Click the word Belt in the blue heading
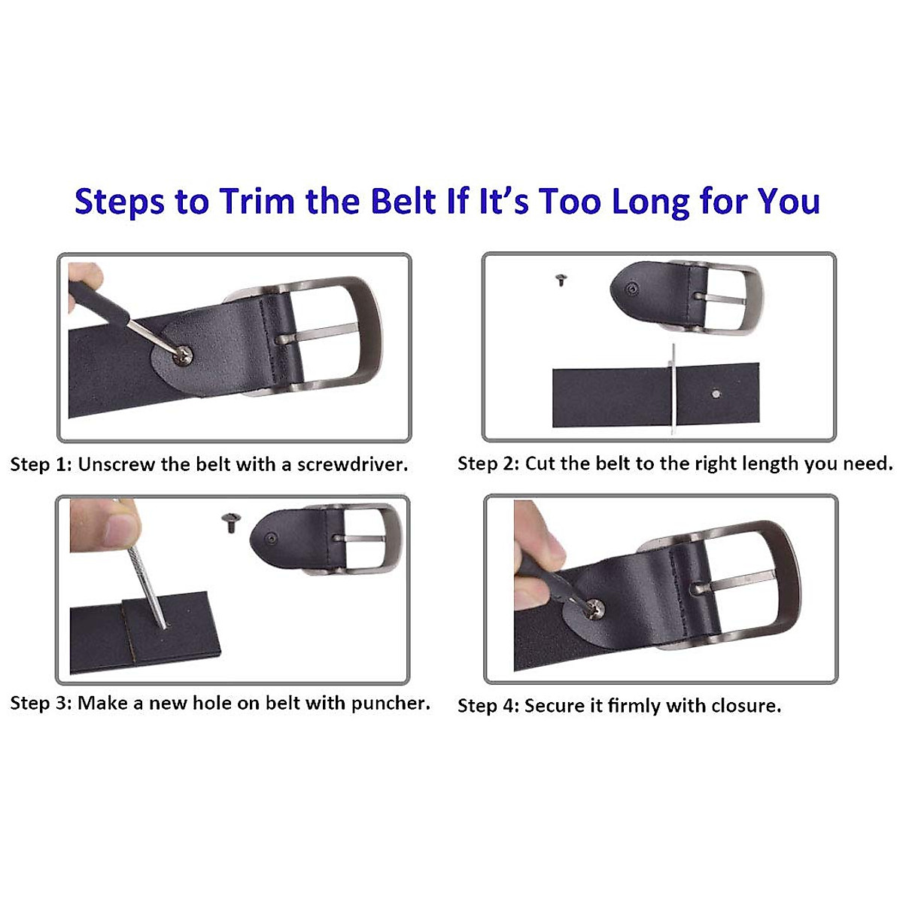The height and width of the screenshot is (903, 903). [x=404, y=202]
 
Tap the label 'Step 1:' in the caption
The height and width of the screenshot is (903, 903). [x=41, y=464]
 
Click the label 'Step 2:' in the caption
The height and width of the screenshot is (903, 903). [x=488, y=464]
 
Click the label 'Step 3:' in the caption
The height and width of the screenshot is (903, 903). [x=41, y=704]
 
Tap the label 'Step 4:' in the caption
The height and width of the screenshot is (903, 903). [x=488, y=706]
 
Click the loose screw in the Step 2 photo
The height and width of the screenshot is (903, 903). [x=561, y=281]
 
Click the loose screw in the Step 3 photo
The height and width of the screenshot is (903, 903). [x=230, y=521]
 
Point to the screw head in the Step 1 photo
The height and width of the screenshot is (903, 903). [x=182, y=354]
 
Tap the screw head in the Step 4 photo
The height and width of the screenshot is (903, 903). [x=595, y=604]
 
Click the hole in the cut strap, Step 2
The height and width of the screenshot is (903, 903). [x=714, y=391]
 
